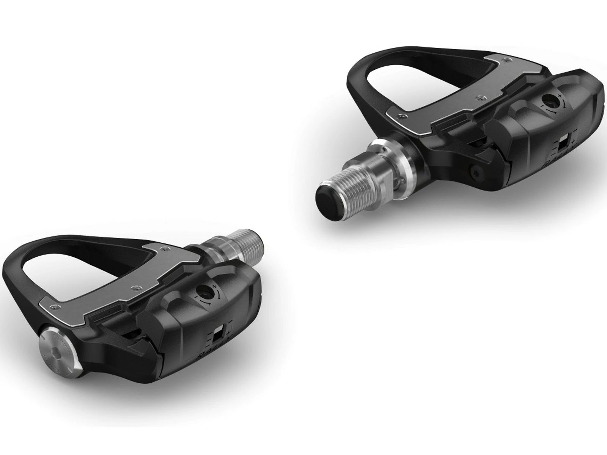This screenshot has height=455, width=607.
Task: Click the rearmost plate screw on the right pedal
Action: pyautogui.click(x=504, y=60)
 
